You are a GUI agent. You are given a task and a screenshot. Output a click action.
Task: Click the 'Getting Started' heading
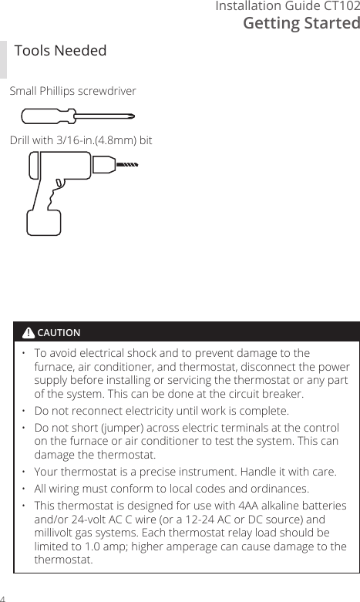point(301,23)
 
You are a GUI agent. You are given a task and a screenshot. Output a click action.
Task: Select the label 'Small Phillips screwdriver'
point(72,91)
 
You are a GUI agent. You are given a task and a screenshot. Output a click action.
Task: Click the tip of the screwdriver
point(133,117)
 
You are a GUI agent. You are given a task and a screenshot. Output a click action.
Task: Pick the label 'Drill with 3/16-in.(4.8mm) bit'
point(80,141)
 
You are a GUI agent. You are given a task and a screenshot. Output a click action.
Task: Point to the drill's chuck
point(102,164)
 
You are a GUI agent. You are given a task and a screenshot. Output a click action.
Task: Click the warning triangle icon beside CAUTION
point(29,333)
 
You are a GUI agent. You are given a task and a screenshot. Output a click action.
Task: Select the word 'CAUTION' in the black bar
point(59,333)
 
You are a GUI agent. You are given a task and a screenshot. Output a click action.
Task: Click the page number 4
point(3,597)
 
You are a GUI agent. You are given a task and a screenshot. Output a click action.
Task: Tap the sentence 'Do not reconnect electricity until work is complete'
point(162,411)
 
